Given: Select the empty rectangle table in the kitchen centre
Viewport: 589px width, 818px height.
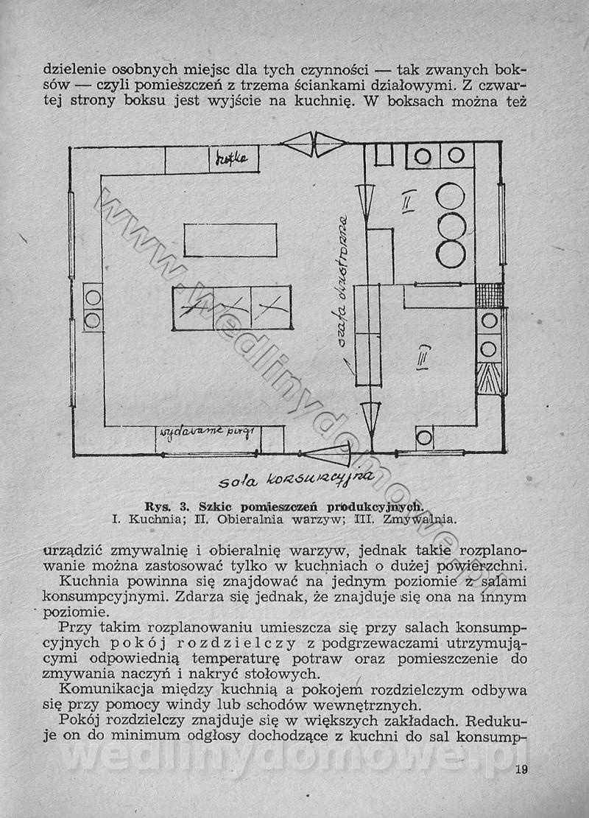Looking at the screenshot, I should (x=230, y=240).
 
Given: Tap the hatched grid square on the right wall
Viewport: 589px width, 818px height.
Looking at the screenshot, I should (x=490, y=295).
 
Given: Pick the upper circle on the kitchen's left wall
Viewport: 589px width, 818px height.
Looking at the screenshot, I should (x=93, y=298).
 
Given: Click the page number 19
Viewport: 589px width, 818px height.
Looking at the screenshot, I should (x=521, y=771).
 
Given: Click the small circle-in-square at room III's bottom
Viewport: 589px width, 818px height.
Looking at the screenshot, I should (x=424, y=438).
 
